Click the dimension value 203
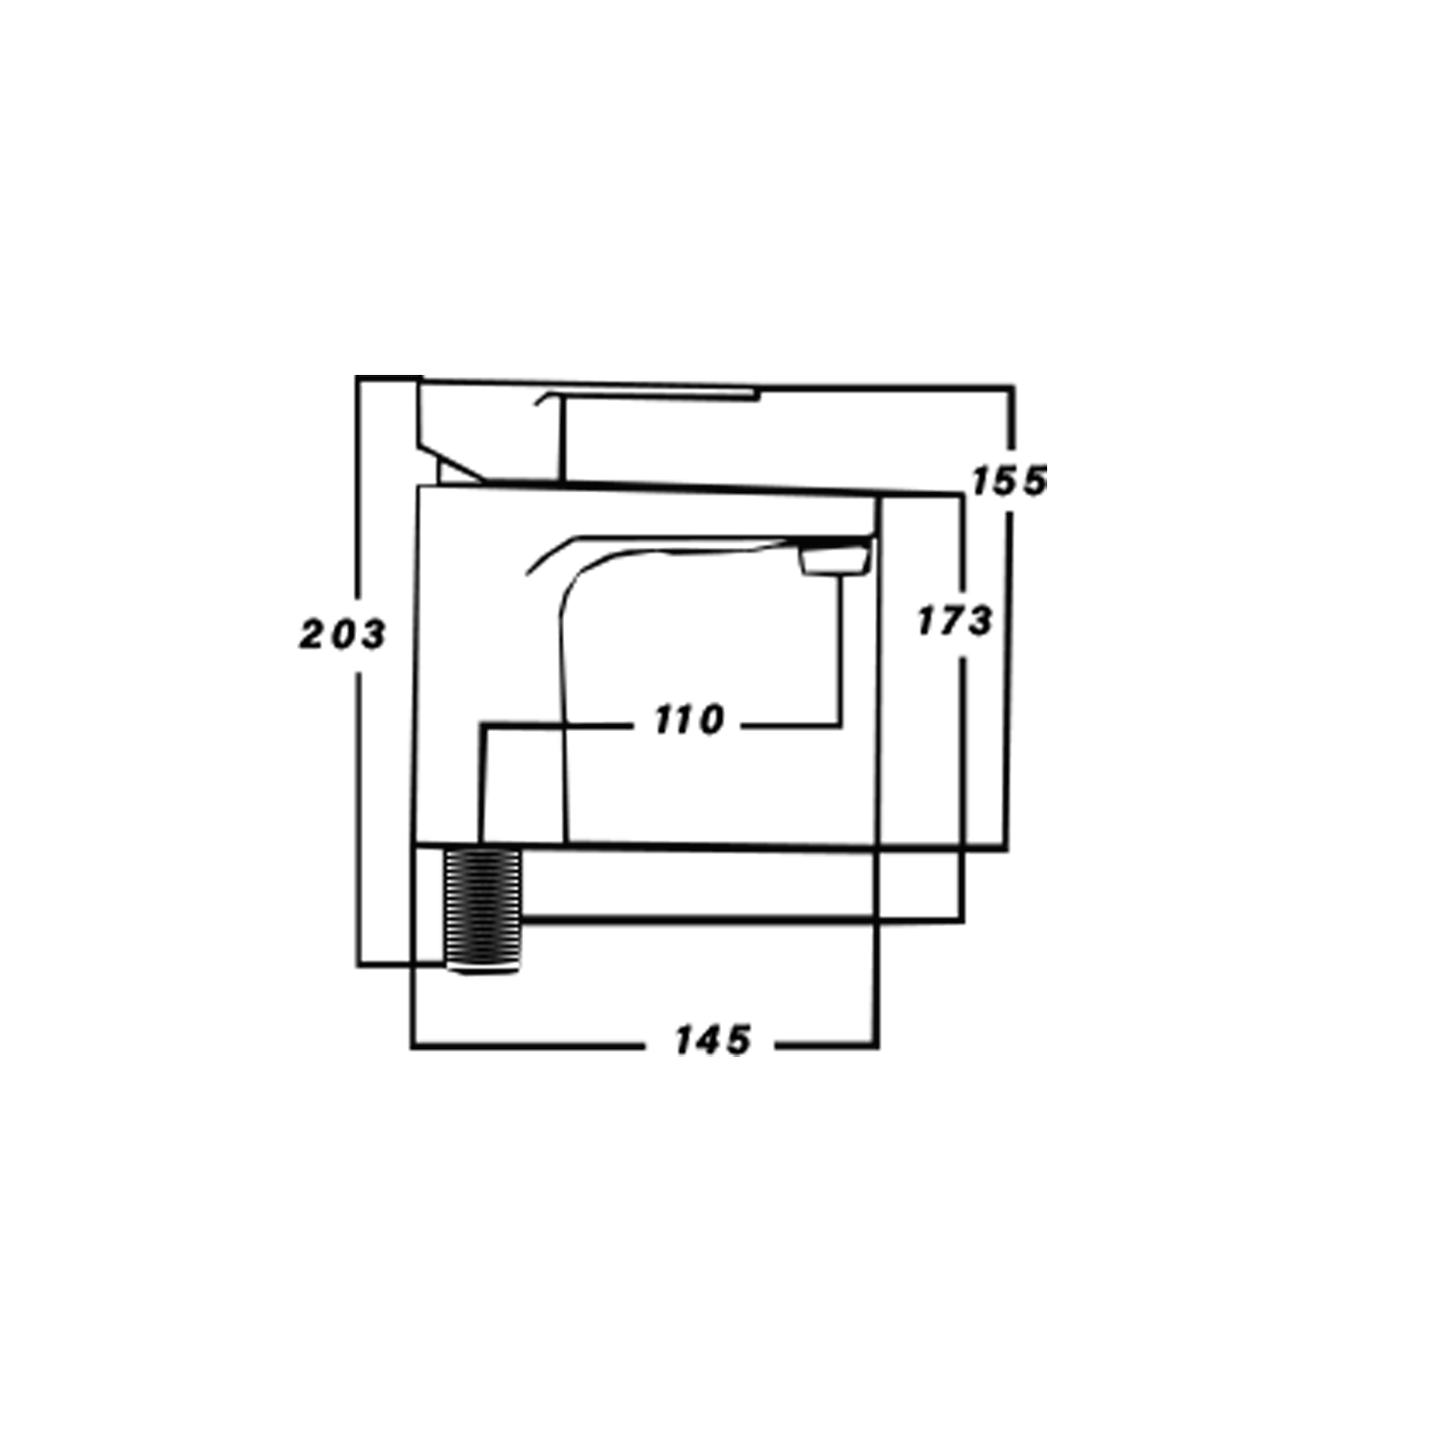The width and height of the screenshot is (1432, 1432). click(342, 633)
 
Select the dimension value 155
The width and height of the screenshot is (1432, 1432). click(1009, 481)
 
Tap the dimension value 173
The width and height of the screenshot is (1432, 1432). click(955, 622)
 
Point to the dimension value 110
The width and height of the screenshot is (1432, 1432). click(689, 720)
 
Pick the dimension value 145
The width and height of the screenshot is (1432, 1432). click(712, 1041)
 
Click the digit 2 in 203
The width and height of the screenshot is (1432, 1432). click(311, 634)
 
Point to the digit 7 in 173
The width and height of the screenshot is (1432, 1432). click(953, 622)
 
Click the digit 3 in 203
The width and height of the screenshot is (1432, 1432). click(372, 633)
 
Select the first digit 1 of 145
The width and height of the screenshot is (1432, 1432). click(684, 1041)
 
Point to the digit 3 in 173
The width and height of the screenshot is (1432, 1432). click(980, 623)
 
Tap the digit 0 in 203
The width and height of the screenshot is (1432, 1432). click(342, 633)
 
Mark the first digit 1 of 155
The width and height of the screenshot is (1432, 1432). click(982, 481)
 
